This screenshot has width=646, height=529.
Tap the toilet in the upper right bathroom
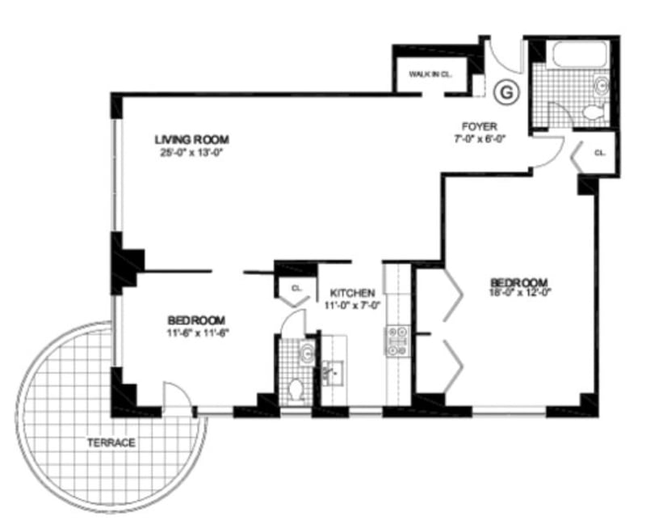594,111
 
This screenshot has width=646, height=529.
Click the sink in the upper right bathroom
600,84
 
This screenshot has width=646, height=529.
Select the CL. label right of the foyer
599,152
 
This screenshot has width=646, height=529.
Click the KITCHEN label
352,293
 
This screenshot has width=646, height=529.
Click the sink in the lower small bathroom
305,353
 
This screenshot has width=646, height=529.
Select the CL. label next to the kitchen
296,287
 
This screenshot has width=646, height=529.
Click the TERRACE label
112,442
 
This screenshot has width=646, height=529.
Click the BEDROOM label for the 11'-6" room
196,319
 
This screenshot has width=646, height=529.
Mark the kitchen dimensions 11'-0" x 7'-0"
352,306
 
